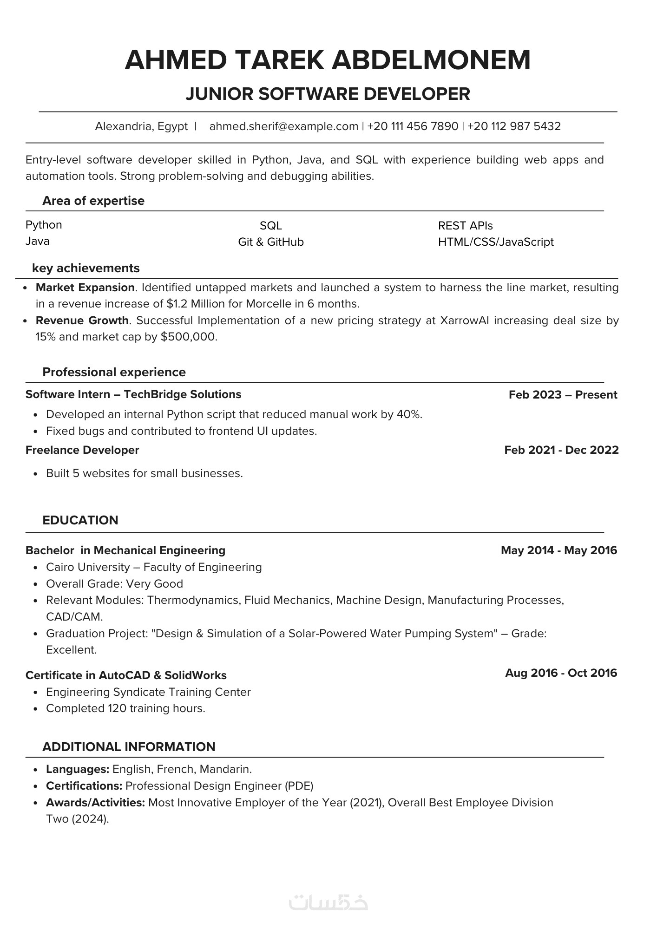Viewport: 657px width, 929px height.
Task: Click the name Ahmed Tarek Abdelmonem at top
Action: (328, 60)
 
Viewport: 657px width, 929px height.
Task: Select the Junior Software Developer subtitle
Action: (328, 94)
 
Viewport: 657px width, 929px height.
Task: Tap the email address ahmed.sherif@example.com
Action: (283, 126)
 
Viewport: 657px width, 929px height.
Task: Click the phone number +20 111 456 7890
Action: (413, 126)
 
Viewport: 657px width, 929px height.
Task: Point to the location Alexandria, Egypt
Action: (141, 126)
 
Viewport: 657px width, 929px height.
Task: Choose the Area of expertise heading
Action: (93, 201)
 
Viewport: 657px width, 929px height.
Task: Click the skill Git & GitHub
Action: (271, 242)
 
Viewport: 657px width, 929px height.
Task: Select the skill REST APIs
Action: (465, 226)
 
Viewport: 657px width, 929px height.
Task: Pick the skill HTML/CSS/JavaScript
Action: (496, 242)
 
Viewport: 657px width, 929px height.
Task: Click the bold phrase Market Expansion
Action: (85, 288)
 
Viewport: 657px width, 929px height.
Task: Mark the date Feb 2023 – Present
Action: (563, 395)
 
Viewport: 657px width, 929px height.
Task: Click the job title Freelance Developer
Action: (82, 450)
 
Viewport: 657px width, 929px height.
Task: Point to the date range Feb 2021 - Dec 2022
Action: (561, 450)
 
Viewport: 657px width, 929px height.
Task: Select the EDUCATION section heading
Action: (80, 520)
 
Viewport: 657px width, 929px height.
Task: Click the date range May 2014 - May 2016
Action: (559, 550)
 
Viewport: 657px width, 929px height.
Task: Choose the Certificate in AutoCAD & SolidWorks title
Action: (126, 675)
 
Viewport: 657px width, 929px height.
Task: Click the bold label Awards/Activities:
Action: (96, 803)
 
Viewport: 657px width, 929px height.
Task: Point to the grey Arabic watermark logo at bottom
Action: (328, 903)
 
